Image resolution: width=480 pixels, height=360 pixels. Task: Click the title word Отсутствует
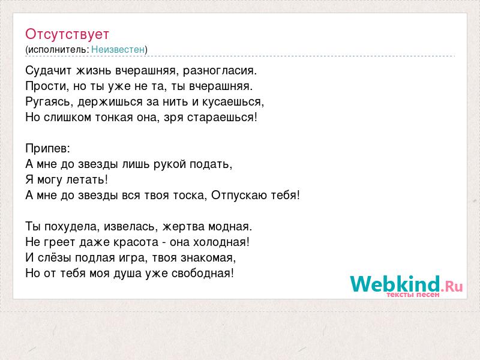pos(67,34)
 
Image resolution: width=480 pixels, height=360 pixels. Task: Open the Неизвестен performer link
pos(118,49)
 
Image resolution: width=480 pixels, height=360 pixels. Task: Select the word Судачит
pos(49,71)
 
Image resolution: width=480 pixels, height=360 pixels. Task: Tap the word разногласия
pos(220,71)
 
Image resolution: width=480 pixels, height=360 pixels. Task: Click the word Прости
pos(47,86)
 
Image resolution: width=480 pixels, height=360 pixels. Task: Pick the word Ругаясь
pos(49,102)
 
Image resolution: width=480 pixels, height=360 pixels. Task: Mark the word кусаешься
pos(233,102)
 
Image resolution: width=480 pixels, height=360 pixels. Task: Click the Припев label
pos(48,149)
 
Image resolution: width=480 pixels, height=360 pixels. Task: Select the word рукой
pos(170,164)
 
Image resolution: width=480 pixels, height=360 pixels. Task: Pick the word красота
pos(136,242)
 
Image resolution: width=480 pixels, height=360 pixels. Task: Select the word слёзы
pos(55,258)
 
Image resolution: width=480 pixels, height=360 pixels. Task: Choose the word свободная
pos(202,274)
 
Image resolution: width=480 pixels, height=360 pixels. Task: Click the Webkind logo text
pos(406,284)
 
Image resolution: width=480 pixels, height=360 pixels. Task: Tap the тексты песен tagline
pos(413,295)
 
